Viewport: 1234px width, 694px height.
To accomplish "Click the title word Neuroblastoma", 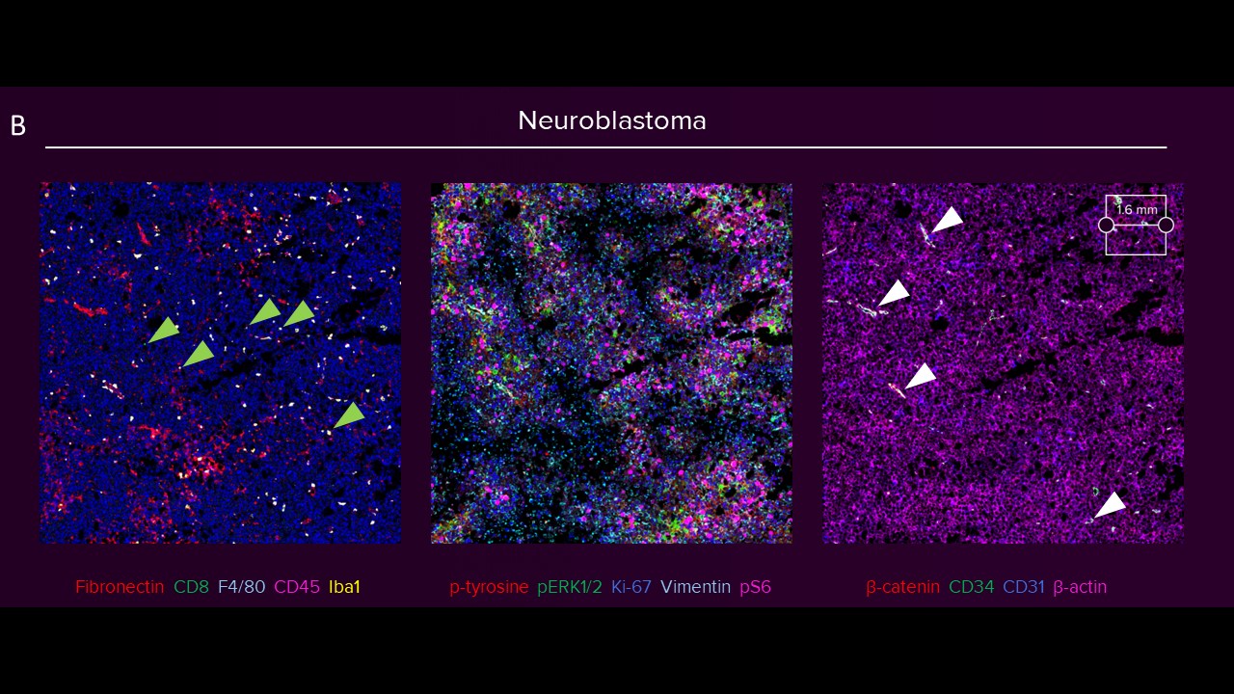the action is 611,120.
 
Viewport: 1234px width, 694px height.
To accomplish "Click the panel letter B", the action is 18,126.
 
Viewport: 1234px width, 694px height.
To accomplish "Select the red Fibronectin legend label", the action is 120,587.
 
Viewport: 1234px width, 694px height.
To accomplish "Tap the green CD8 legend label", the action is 191,587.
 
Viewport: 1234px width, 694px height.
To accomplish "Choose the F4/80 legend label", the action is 241,587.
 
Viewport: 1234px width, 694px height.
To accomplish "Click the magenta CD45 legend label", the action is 296,587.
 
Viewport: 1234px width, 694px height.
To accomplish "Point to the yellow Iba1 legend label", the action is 344,587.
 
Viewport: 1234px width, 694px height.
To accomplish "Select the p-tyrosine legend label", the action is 489,587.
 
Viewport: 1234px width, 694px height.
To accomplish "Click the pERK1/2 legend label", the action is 570,587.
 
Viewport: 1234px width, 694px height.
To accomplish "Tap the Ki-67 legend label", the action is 631,587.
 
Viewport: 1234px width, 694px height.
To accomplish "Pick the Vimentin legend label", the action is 695,587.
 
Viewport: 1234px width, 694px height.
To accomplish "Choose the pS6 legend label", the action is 755,587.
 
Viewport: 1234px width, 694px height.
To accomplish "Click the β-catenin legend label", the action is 902,587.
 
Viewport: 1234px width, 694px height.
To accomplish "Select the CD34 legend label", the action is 971,587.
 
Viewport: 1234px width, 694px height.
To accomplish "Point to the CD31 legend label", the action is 1024,587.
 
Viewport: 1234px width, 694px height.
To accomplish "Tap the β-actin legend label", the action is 1080,587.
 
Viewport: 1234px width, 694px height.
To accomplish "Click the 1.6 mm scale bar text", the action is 1137,210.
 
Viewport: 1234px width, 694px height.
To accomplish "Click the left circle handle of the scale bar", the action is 1106,225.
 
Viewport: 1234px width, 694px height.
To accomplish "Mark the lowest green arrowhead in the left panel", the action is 350,415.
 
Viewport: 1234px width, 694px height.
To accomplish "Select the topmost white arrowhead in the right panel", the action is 948,220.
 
